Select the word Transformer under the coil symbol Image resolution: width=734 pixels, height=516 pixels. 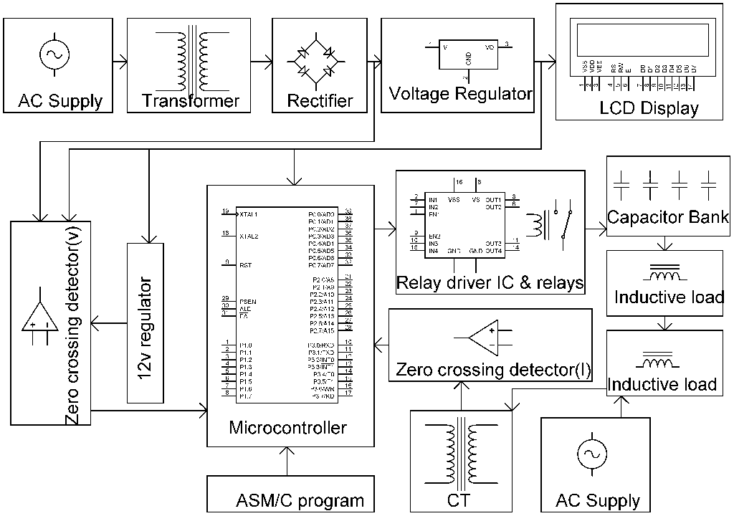[x=190, y=100]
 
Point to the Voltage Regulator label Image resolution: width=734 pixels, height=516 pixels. [x=461, y=94]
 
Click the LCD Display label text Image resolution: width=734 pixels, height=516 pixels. [x=649, y=109]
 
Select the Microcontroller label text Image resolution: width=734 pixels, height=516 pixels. [x=287, y=428]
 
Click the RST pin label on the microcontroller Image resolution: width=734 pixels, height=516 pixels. [x=245, y=264]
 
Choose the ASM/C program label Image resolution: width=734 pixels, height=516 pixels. [x=300, y=501]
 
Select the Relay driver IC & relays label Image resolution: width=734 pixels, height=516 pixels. [x=490, y=283]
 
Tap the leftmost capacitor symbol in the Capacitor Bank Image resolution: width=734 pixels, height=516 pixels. [x=621, y=185]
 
